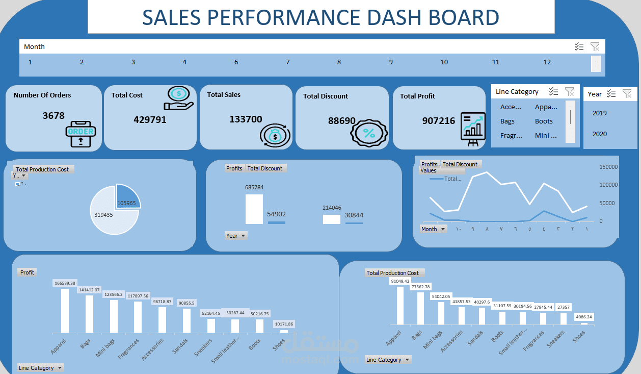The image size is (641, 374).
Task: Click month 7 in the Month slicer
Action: point(287,62)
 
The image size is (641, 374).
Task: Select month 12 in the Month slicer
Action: point(547,62)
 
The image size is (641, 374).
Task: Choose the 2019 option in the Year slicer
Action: point(600,113)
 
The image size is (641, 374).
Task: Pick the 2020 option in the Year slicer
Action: point(600,134)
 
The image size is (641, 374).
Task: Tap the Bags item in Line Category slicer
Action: point(508,121)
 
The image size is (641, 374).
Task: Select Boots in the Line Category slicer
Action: point(544,121)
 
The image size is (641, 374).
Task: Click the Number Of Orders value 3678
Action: point(54,116)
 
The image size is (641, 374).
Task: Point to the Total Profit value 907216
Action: point(439,121)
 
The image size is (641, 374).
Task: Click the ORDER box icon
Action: point(81,133)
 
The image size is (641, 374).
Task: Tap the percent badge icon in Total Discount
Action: point(368,134)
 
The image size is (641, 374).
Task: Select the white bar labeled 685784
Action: point(254,209)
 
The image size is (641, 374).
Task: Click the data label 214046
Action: point(332,208)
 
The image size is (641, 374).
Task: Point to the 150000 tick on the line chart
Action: point(608,167)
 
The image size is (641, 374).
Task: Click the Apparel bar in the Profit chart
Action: point(65,311)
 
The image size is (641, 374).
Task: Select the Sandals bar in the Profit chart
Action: point(186,320)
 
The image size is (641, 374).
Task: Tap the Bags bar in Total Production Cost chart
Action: point(420,308)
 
